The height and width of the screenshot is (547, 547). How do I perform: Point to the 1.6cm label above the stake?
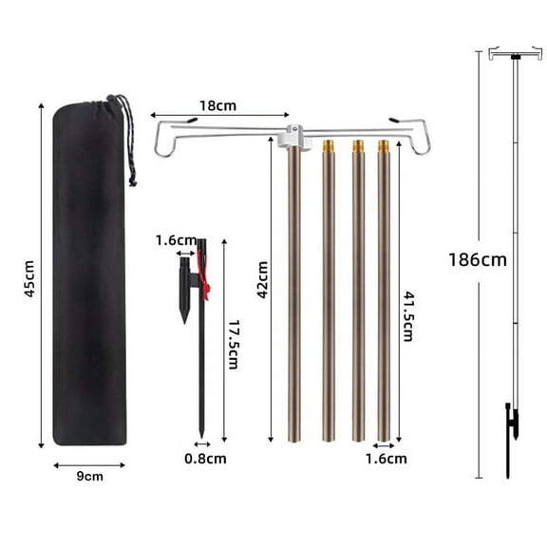(x=175, y=239)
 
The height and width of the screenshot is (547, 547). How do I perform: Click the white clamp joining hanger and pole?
(x=293, y=139)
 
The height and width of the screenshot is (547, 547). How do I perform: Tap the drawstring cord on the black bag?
(x=126, y=142)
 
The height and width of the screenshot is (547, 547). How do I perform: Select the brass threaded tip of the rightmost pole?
(x=385, y=148)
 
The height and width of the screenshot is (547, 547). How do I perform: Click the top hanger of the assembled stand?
(x=515, y=54)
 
